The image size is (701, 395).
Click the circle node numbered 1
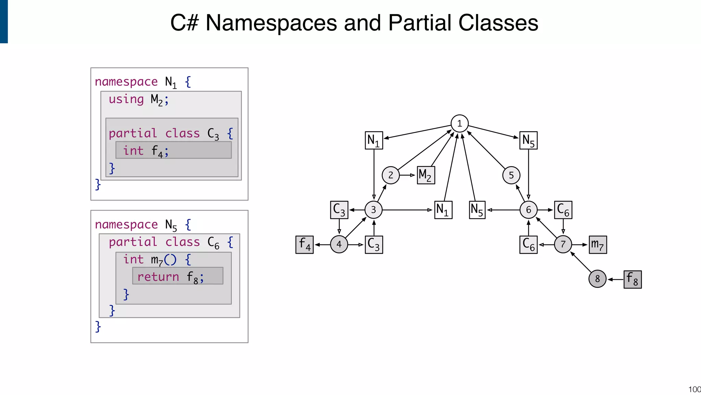point(459,123)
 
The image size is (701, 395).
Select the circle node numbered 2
point(391,175)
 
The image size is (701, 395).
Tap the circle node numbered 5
point(511,175)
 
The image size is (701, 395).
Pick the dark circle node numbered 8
point(597,279)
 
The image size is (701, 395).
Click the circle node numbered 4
point(339,244)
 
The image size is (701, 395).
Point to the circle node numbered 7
point(563,244)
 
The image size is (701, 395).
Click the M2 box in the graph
point(426,175)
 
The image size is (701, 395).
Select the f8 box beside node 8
point(632,279)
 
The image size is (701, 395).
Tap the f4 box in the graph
point(304,245)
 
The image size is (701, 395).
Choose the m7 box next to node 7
point(598,244)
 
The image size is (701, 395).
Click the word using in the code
point(126,99)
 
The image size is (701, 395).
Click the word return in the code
point(158,277)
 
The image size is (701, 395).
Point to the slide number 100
point(694,390)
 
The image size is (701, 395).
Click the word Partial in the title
point(420,23)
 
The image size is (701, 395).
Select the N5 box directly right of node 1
point(528,141)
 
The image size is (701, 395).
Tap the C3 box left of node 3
point(339,210)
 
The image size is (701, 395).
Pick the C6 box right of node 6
point(563,210)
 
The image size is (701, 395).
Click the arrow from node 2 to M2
point(408,175)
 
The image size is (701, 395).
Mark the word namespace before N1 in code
point(126,82)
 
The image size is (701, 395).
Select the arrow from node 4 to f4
point(322,245)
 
